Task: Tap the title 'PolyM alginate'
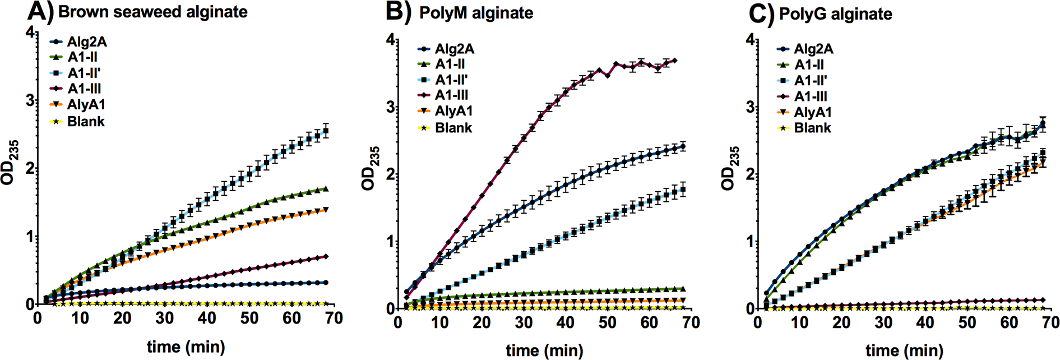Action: coord(476,13)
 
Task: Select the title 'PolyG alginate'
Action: coord(835,14)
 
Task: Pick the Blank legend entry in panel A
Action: coord(86,122)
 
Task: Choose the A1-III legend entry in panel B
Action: coord(451,95)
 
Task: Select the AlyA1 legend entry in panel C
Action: coord(812,112)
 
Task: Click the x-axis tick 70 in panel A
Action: coord(334,318)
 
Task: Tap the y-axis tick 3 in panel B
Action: coord(390,108)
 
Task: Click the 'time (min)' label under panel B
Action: coord(544,351)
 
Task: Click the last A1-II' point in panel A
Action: coord(326,131)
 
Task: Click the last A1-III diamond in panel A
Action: coord(326,257)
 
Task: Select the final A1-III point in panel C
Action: coord(1043,300)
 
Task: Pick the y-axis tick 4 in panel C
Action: coord(749,40)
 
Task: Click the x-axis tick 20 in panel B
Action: coord(481,322)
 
